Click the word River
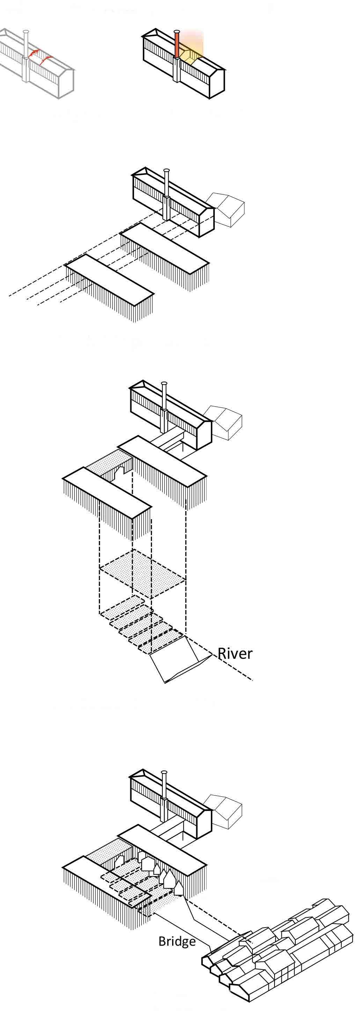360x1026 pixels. (x=235, y=654)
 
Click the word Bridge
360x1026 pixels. (x=177, y=941)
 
